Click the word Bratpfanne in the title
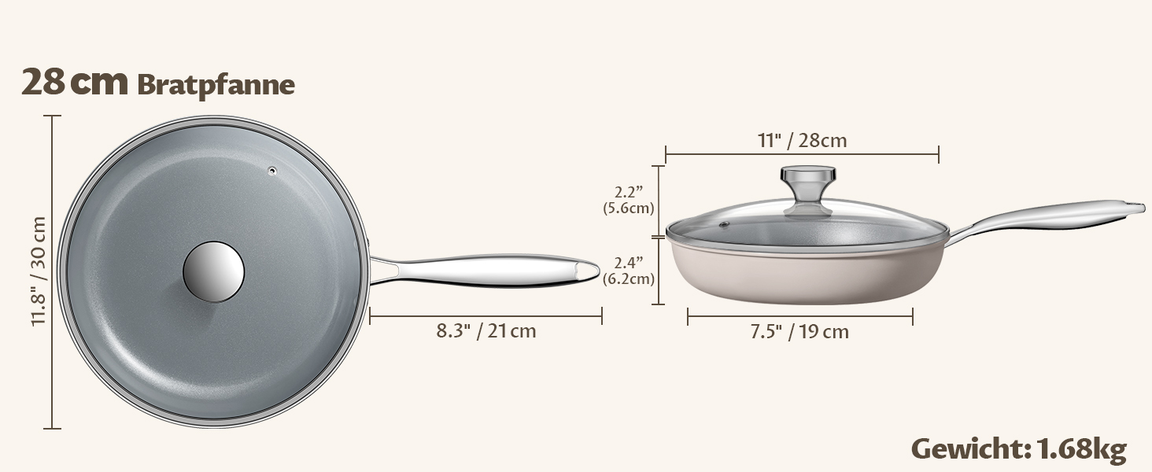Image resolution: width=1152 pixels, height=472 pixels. [x=216, y=85]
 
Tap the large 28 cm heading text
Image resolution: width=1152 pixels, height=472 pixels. [x=75, y=82]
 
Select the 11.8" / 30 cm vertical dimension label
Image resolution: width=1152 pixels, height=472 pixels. [x=39, y=271]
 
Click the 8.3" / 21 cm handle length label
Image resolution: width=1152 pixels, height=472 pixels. [x=486, y=331]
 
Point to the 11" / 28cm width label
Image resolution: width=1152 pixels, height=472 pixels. [x=803, y=140]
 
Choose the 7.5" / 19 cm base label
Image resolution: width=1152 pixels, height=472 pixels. [x=799, y=332]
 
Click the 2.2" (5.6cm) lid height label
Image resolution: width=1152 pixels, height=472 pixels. [x=629, y=200]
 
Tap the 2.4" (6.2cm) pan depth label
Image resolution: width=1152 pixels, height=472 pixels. [x=629, y=271]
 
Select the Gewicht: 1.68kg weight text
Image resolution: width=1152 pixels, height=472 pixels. [x=1019, y=449]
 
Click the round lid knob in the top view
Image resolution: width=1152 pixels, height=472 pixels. [x=213, y=271]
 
